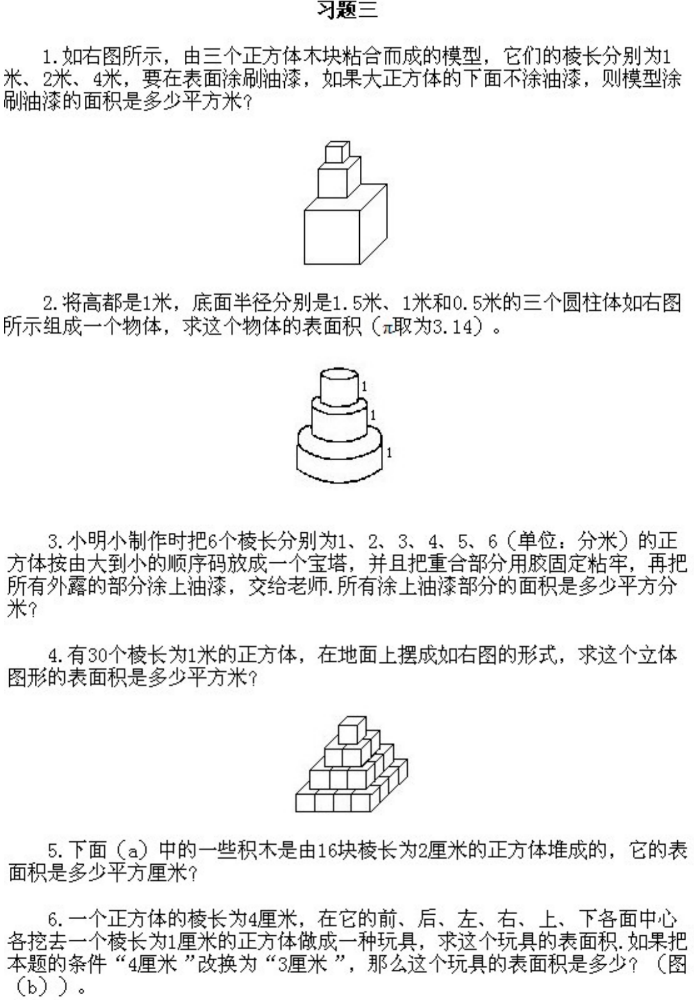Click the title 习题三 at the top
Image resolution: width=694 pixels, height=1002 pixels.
(347, 9)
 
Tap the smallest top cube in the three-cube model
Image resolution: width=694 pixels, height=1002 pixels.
(338, 152)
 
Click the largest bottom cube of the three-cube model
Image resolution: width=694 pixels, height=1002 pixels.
(346, 225)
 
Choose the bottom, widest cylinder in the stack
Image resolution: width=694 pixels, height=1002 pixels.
(339, 454)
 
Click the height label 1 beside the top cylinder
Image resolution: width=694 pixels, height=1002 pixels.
(364, 387)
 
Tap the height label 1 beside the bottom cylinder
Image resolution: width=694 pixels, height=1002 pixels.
(389, 452)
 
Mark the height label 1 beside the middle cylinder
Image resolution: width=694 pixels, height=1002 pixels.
(373, 415)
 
